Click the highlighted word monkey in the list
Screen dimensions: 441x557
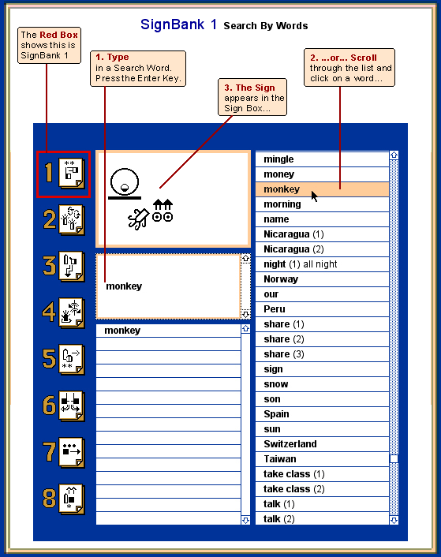coord(282,189)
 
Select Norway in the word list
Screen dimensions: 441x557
coord(281,279)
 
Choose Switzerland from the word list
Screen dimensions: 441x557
coord(290,444)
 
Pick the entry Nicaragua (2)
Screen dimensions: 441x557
coord(293,249)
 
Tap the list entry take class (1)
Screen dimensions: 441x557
coord(294,474)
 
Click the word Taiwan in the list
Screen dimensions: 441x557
coord(280,459)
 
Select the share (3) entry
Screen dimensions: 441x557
coord(284,354)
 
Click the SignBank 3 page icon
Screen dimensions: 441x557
coord(71,267)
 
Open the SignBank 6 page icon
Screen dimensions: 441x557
coord(71,406)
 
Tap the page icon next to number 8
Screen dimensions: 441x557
coord(71,499)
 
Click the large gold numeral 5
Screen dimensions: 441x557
coord(49,358)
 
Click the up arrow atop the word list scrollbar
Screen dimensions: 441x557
coord(394,155)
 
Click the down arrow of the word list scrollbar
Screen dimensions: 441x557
coord(394,521)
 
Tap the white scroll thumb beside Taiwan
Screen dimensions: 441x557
coord(394,458)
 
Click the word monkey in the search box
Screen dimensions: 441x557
coord(124,286)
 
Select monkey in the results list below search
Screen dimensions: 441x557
coord(122,331)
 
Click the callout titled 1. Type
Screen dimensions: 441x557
coord(138,68)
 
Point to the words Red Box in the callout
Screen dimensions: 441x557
coord(58,35)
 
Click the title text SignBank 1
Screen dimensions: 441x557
coord(178,24)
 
